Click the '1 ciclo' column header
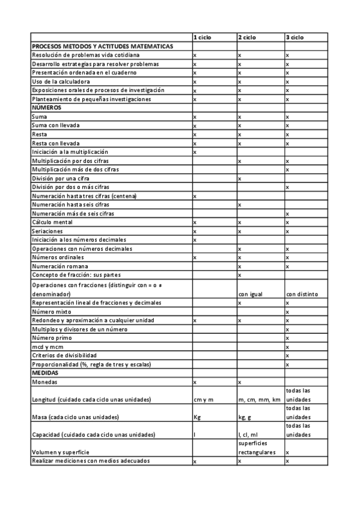click(x=203, y=37)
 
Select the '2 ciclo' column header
click(x=247, y=37)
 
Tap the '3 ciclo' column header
click(x=295, y=37)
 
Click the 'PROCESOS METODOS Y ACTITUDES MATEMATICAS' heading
click(x=102, y=46)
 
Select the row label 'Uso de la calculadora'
click(x=61, y=81)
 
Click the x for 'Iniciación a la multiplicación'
click(x=195, y=152)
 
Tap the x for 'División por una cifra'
click(x=240, y=179)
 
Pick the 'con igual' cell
click(x=251, y=294)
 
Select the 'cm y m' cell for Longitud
click(x=203, y=400)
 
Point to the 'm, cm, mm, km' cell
click(x=259, y=400)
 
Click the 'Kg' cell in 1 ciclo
click(x=197, y=417)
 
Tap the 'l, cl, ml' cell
click(x=248, y=434)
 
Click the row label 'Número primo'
click(x=52, y=339)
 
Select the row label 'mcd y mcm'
click(x=47, y=347)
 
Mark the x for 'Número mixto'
click(x=287, y=312)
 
